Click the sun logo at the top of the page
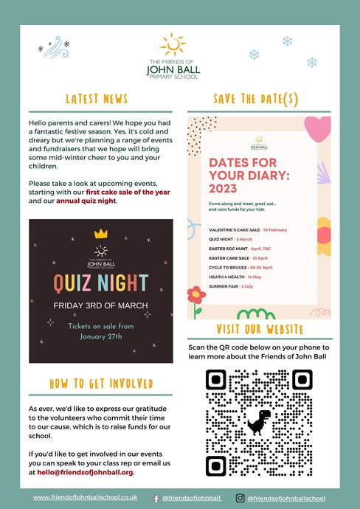pos(173,44)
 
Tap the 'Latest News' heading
pos(97,99)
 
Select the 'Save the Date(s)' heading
pos(255,99)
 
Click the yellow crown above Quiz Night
pos(101,233)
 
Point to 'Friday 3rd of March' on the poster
pos(100,305)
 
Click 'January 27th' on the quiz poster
pos(100,336)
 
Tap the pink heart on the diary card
pos(318,129)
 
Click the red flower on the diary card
pos(195,294)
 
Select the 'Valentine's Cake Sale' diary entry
pos(248,230)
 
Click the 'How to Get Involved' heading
pos(101,384)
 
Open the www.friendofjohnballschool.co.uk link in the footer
pos(85,498)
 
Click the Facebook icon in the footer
pos(156,499)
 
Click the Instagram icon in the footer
pos(240,499)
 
